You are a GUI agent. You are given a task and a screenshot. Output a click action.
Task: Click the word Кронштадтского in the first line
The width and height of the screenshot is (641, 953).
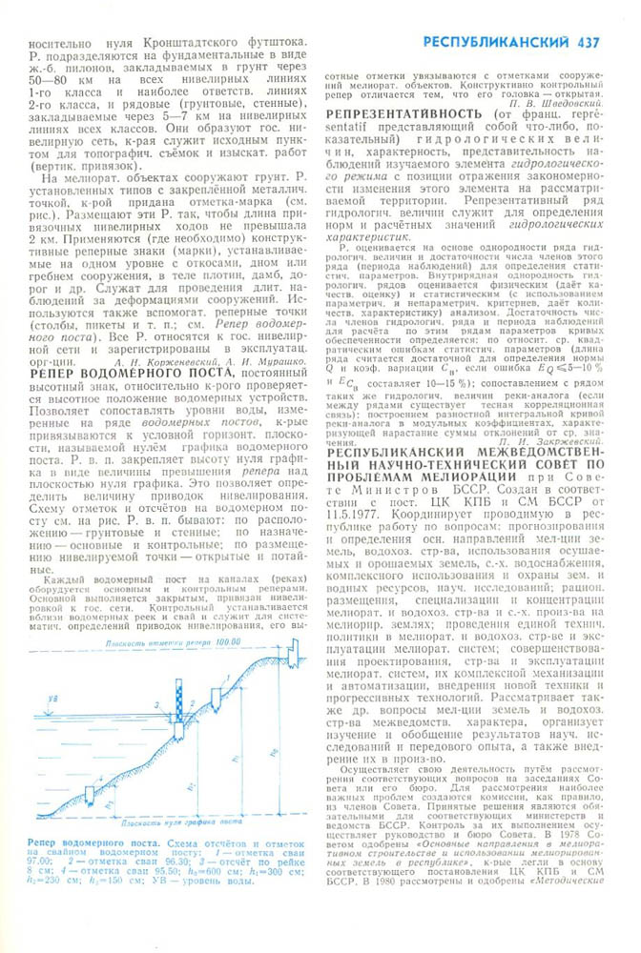[159, 43]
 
